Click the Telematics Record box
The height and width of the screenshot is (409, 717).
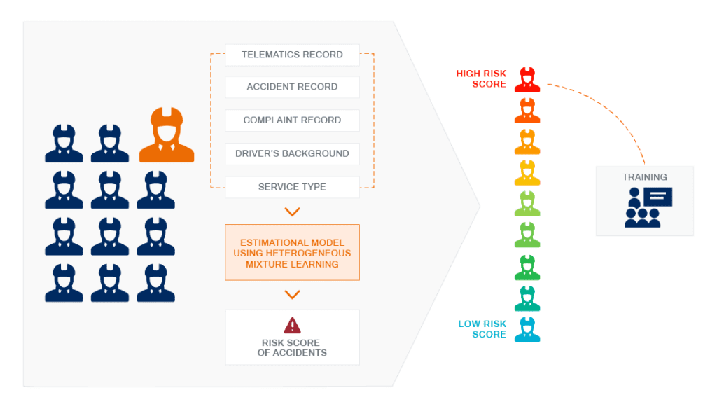click(x=292, y=55)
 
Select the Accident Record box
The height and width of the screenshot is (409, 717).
click(x=292, y=87)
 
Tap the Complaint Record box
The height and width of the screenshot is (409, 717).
click(x=292, y=120)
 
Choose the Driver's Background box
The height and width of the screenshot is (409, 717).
click(x=292, y=153)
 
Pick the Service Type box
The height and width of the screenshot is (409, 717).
click(x=292, y=187)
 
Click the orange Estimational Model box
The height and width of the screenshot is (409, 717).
click(x=292, y=253)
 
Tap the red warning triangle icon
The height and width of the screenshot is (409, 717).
click(x=292, y=325)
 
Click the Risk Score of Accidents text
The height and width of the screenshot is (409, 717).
click(x=292, y=347)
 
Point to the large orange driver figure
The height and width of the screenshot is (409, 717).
click(x=167, y=135)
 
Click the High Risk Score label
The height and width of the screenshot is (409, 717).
click(x=481, y=78)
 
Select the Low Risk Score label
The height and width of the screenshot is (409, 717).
click(x=482, y=329)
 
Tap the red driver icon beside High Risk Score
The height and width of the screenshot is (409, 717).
click(x=527, y=80)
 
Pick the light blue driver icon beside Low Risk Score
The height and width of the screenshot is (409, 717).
click(x=527, y=329)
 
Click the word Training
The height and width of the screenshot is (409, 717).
click(x=644, y=177)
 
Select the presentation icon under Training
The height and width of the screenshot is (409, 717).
click(x=648, y=207)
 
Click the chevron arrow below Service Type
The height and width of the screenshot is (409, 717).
click(x=292, y=212)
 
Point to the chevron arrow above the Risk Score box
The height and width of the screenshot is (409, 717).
click(x=292, y=294)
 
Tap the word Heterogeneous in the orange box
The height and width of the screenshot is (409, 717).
click(x=308, y=253)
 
